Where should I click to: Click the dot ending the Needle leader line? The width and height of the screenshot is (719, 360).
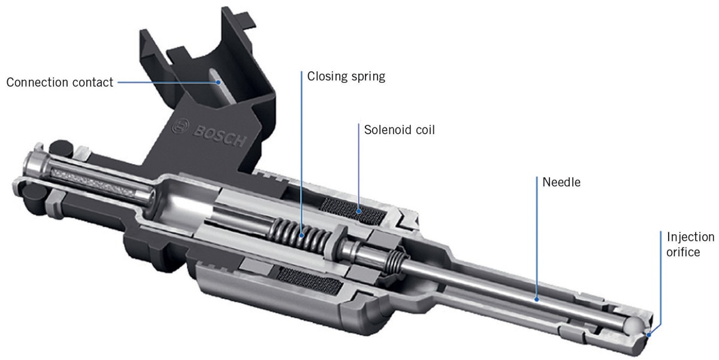pos(537,297)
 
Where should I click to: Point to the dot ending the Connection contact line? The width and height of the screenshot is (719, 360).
pos(219,82)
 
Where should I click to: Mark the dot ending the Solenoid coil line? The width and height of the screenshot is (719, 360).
pos(358,210)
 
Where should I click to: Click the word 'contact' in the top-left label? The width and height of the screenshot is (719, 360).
pos(94,82)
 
